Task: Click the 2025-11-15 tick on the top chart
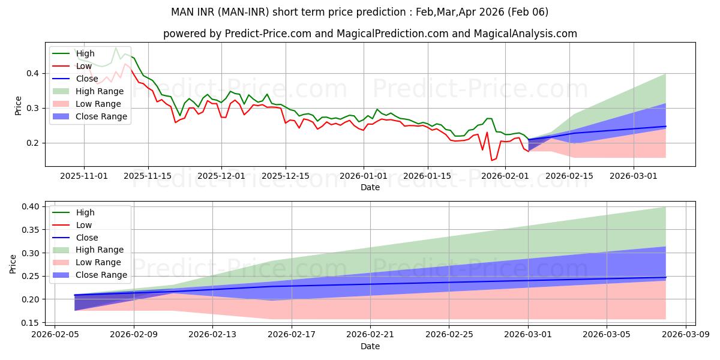coord(148,176)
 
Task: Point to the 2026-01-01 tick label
coord(363,176)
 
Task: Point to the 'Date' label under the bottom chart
coord(370,346)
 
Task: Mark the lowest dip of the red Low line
coord(492,160)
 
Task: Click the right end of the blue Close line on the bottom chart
coord(665,277)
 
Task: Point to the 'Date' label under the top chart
coord(370,187)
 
